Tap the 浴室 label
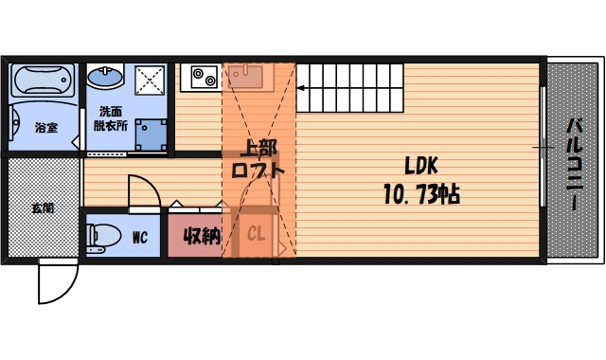tap(46, 127)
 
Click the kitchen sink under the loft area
tap(247, 74)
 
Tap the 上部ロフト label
tap(258, 160)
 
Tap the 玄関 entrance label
tap(42, 207)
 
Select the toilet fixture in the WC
tap(102, 233)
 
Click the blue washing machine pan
tap(150, 135)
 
